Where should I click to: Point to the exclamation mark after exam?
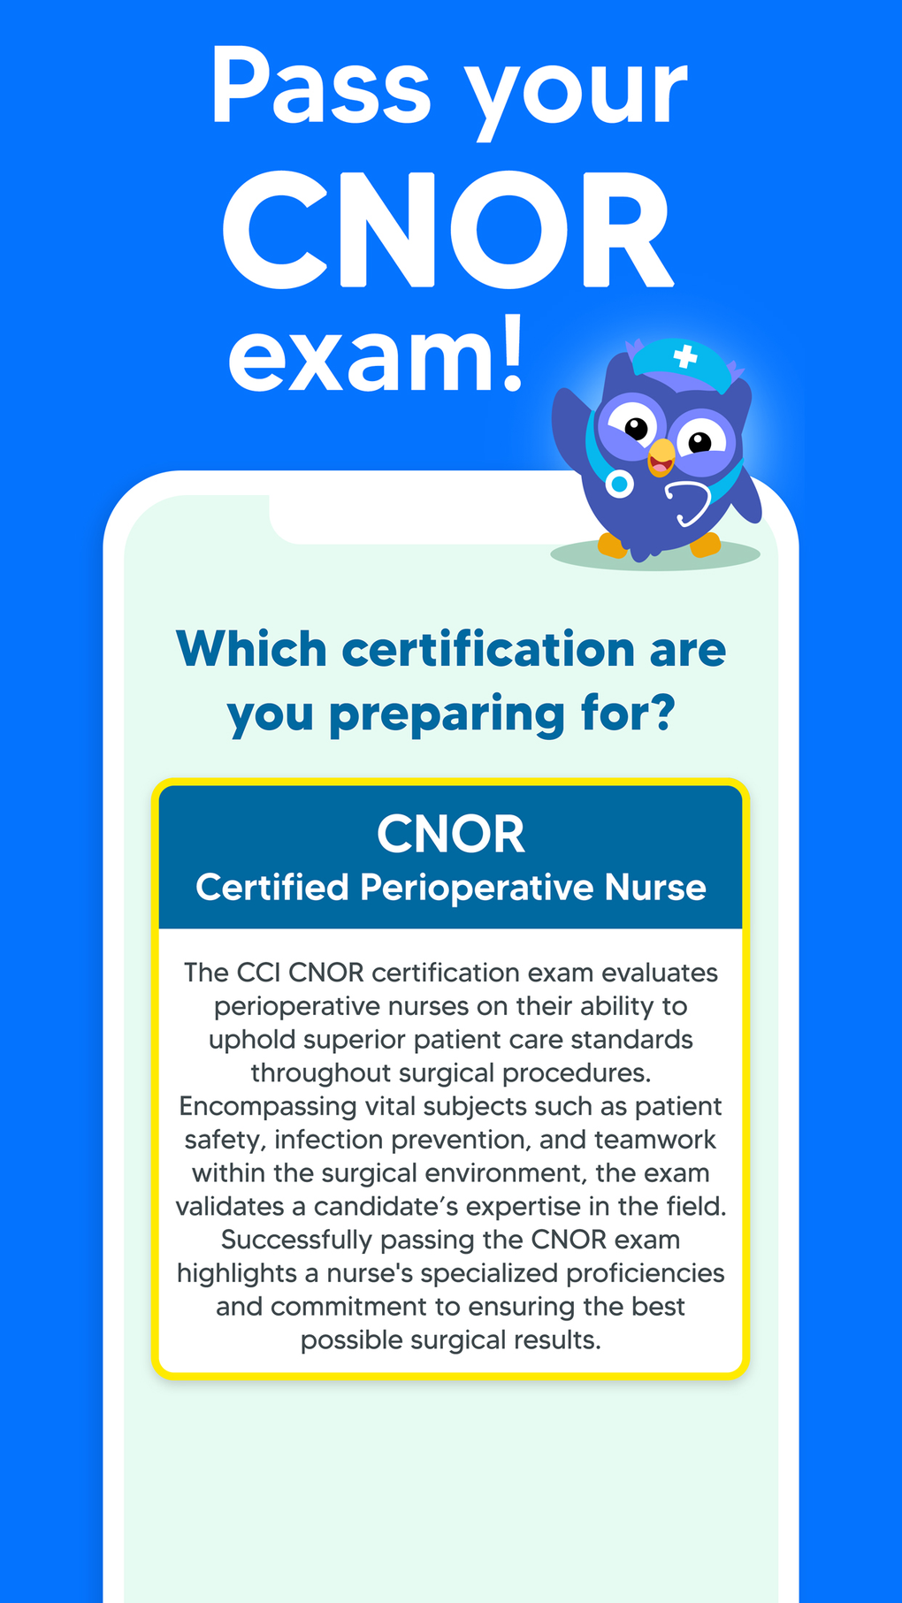click(512, 354)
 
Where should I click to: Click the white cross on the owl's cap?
click(684, 357)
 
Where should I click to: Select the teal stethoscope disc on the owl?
click(620, 484)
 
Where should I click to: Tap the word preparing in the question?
click(446, 714)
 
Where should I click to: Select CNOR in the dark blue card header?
click(451, 834)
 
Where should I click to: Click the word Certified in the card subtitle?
click(272, 887)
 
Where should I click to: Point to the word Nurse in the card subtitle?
click(655, 887)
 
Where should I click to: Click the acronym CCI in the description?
click(259, 973)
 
